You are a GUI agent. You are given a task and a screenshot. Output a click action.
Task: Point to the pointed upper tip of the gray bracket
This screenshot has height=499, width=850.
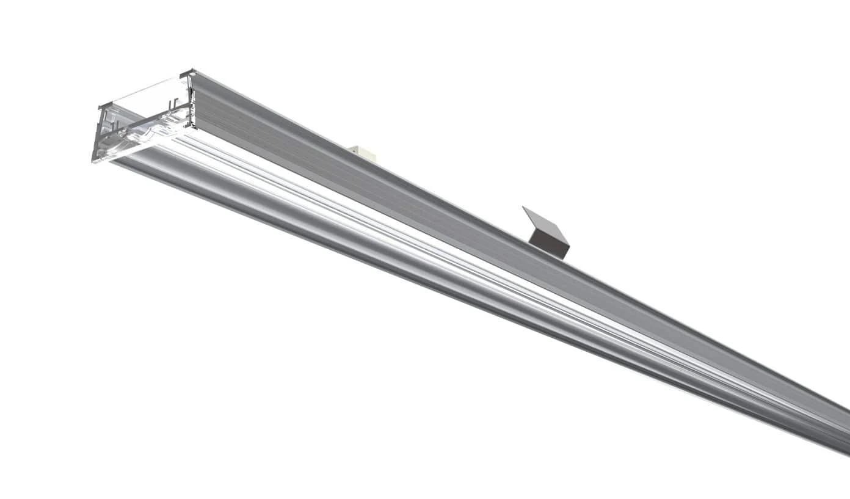tap(524, 208)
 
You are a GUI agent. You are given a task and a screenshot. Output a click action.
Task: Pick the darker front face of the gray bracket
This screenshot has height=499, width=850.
tap(550, 244)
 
